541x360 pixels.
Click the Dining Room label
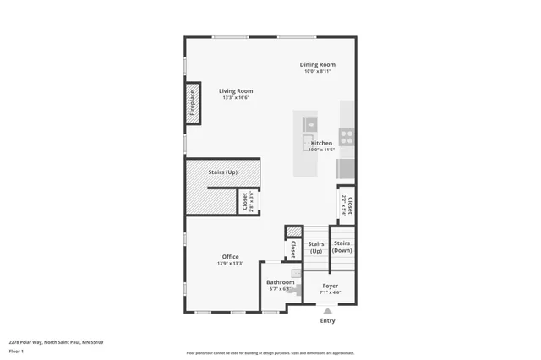coord(317,64)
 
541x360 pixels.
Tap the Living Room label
coord(236,90)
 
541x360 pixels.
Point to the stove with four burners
coord(347,134)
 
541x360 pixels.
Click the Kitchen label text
coord(321,143)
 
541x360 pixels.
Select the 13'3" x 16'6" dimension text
coord(236,98)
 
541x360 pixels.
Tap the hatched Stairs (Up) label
coord(222,172)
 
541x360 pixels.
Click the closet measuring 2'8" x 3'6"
coord(248,201)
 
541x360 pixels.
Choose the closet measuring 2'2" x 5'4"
coord(347,205)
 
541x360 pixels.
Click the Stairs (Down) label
coord(342,247)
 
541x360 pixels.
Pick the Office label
coord(230,257)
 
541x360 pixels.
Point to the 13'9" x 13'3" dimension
coord(230,264)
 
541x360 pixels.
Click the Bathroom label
coord(280,282)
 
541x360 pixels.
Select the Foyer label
coord(330,286)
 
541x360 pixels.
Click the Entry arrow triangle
coord(327,311)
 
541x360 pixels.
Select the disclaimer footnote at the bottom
coord(270,353)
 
